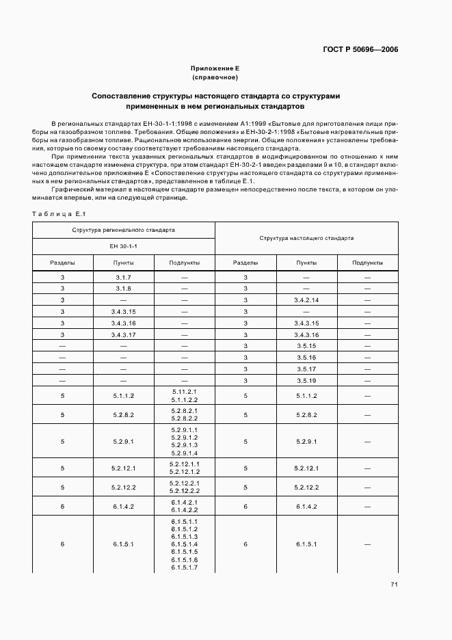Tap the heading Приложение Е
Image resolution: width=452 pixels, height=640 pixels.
(215, 69)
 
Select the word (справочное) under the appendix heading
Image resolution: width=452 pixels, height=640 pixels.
(215, 78)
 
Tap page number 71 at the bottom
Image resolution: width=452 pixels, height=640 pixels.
(395, 583)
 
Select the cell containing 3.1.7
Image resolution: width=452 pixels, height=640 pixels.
(124, 278)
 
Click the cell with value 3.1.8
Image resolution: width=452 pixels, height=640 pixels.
(124, 289)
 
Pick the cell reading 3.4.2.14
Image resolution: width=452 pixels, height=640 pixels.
(306, 300)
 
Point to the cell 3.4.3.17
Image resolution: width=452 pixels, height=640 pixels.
(124, 334)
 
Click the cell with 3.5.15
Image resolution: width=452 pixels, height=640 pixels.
(306, 346)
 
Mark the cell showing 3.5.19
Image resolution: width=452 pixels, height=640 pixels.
(306, 380)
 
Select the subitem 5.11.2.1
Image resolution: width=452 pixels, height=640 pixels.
(184, 391)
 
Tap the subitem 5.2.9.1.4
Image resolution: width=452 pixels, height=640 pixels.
(184, 453)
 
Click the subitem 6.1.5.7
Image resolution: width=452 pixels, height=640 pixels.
(184, 567)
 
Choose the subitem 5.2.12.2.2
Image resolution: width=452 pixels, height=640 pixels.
(184, 491)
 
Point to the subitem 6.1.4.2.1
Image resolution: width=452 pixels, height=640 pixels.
(184, 503)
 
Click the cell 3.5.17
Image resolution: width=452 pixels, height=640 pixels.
(306, 369)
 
